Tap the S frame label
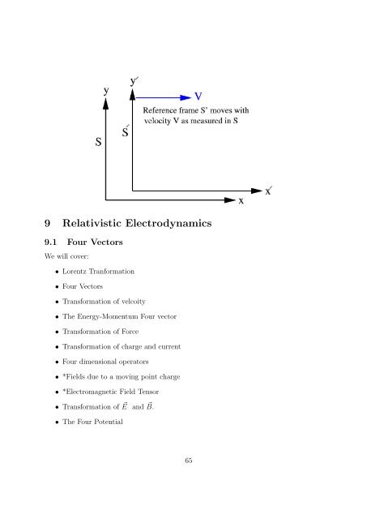(98, 141)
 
